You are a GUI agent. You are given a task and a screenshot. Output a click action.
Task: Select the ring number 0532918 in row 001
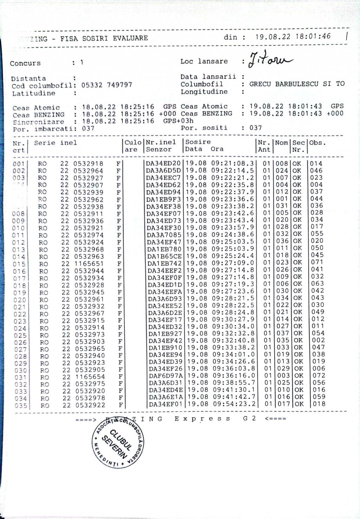click(88, 164)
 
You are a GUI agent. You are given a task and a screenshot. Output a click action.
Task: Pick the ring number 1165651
click(89, 264)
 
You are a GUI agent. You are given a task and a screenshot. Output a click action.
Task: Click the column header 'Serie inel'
click(55, 143)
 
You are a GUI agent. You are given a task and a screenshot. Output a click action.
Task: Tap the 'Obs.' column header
click(317, 143)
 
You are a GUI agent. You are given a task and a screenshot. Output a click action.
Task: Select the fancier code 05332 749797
click(107, 85)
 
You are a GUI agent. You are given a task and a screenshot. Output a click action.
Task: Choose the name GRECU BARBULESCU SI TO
click(297, 84)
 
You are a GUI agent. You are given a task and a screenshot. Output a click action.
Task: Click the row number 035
click(21, 406)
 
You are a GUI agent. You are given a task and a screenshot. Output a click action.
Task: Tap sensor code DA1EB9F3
click(164, 199)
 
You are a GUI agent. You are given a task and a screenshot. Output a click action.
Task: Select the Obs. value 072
click(319, 375)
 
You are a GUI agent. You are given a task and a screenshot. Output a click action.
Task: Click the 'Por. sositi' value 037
click(256, 128)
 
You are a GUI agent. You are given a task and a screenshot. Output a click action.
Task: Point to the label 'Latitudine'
click(34, 93)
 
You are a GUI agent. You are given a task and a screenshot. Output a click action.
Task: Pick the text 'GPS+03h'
click(178, 121)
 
